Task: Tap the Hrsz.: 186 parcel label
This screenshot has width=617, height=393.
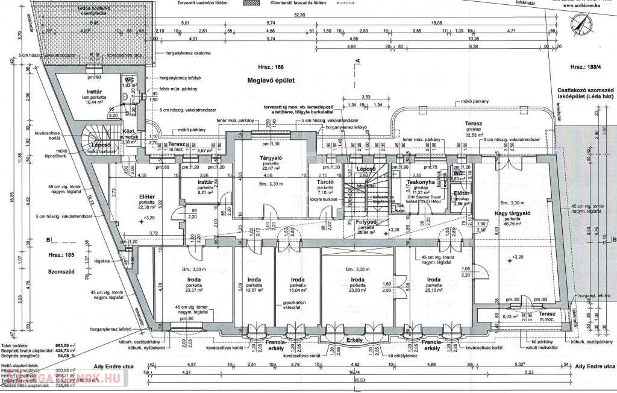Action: [x=270, y=68]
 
